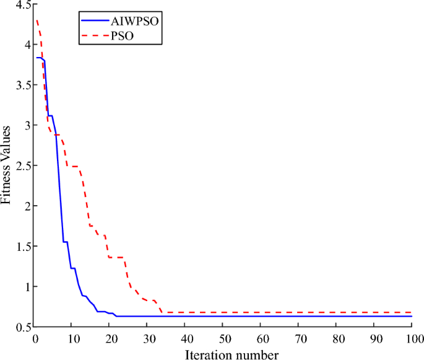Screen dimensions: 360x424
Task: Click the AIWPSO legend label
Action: click(133, 20)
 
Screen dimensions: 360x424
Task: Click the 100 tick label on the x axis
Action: click(412, 340)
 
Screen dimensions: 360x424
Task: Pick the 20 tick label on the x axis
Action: click(110, 340)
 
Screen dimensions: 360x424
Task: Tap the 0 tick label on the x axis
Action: click(35, 340)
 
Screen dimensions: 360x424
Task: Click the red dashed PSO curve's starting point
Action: click(35, 20)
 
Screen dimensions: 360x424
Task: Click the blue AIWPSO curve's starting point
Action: click(35, 58)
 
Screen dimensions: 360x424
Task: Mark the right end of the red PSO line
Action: click(412, 312)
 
